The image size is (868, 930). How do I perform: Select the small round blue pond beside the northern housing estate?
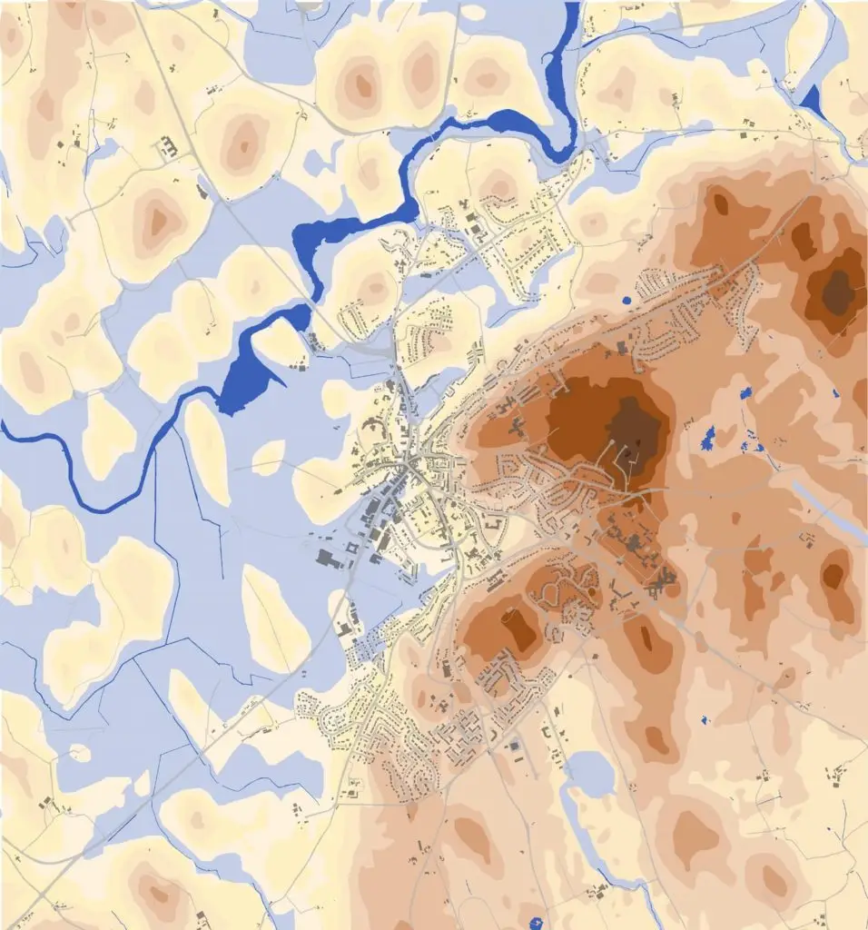click(x=626, y=299)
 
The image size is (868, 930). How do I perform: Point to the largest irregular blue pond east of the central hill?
click(x=709, y=439)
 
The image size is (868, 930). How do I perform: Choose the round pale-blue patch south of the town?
click(x=589, y=774)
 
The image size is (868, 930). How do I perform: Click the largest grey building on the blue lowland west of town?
click(x=328, y=558)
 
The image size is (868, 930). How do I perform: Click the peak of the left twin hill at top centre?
click(x=363, y=85)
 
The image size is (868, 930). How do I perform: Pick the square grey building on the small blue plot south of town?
click(x=518, y=747)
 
